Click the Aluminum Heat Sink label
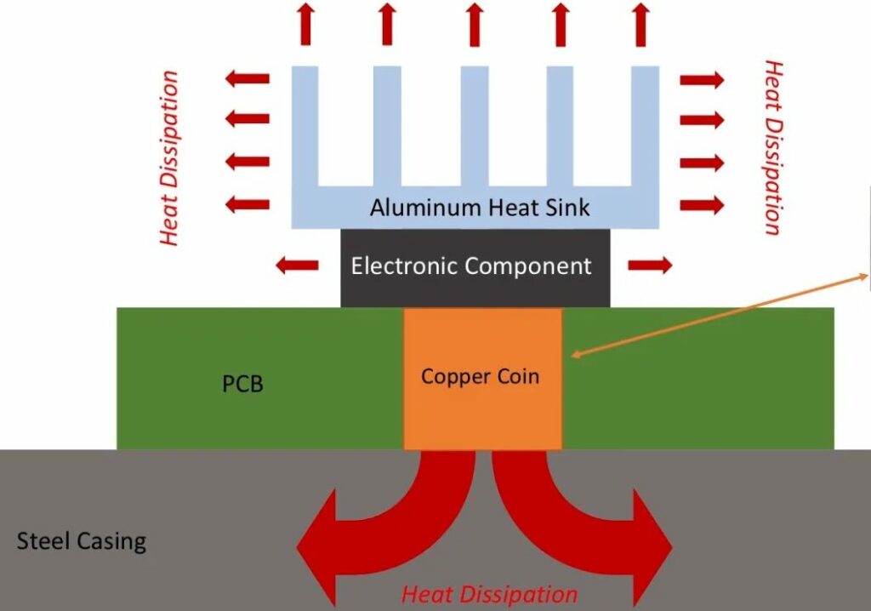click(x=480, y=207)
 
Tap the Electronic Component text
click(x=471, y=266)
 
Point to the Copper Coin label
click(x=480, y=375)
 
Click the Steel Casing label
click(x=82, y=541)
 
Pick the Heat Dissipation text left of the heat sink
click(x=170, y=158)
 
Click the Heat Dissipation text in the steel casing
click(x=489, y=593)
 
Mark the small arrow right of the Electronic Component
click(x=650, y=266)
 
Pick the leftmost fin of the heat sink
click(x=305, y=128)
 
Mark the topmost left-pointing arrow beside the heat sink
click(x=248, y=79)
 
